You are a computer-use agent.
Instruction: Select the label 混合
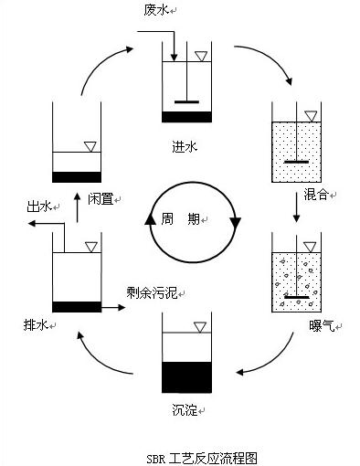point(316,196)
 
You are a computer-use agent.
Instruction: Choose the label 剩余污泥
point(154,294)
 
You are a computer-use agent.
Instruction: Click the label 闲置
point(101,198)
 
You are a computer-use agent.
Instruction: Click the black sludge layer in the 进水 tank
point(186,116)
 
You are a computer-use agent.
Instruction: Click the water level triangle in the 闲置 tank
point(90,145)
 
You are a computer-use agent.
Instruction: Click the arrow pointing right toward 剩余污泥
point(111,308)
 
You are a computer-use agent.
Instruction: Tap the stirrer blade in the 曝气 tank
point(298,296)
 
